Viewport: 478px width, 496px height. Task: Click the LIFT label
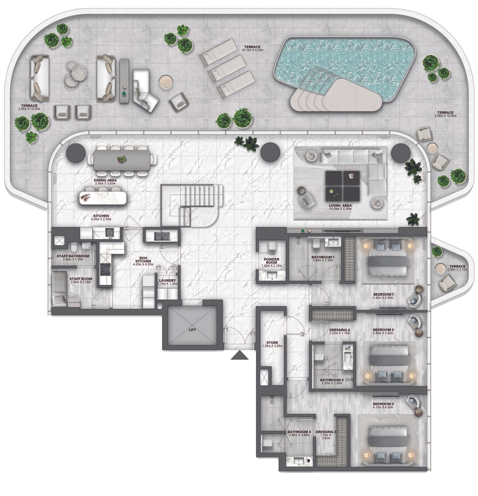point(192,330)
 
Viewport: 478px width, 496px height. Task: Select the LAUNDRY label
point(167,280)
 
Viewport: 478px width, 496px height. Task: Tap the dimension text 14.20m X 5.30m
point(340,209)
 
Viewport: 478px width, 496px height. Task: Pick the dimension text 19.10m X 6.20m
point(252,50)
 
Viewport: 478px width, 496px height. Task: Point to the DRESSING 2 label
point(340,330)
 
